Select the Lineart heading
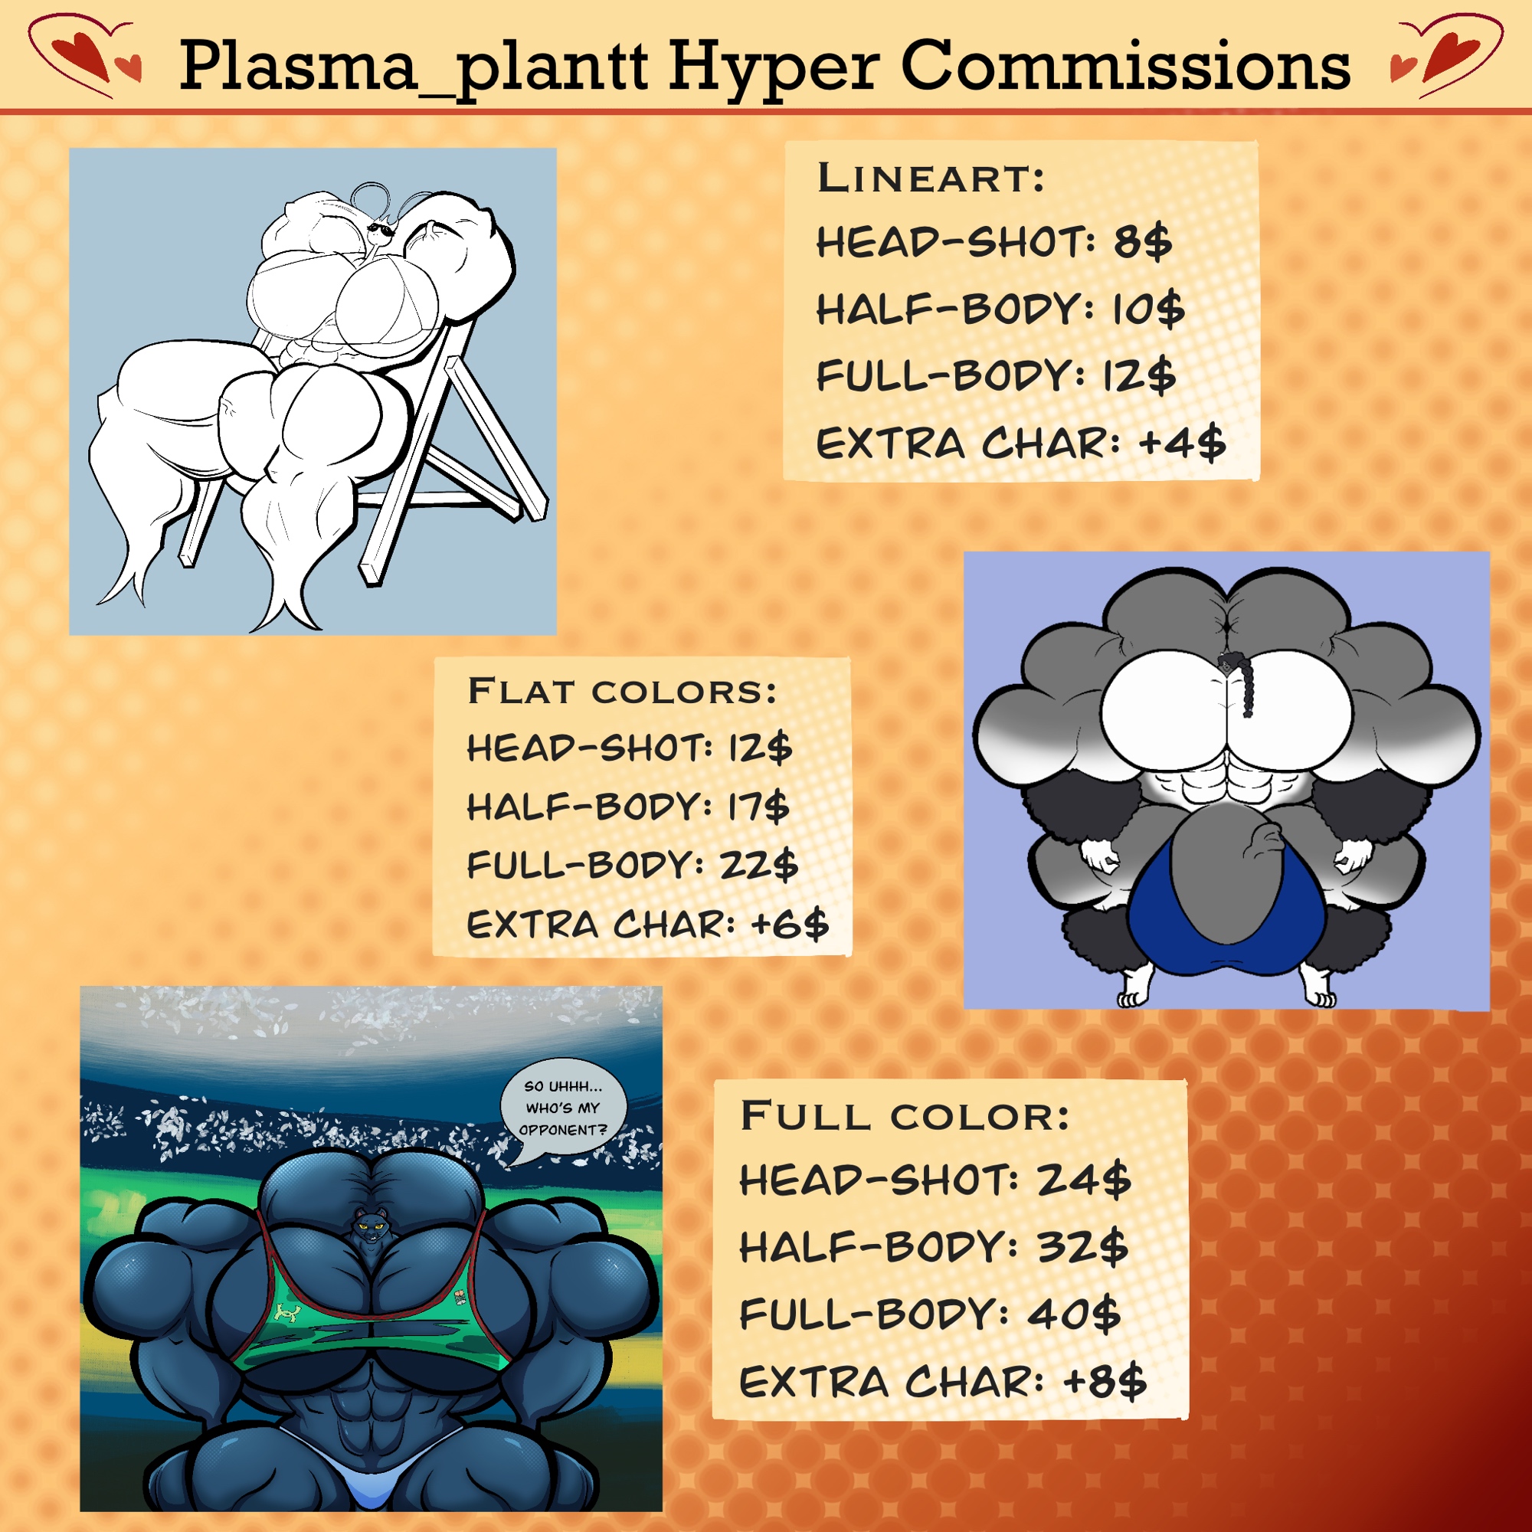(931, 177)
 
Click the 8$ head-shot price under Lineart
(1143, 242)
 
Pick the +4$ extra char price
(1182, 443)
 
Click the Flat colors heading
(622, 691)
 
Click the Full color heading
(905, 1116)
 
